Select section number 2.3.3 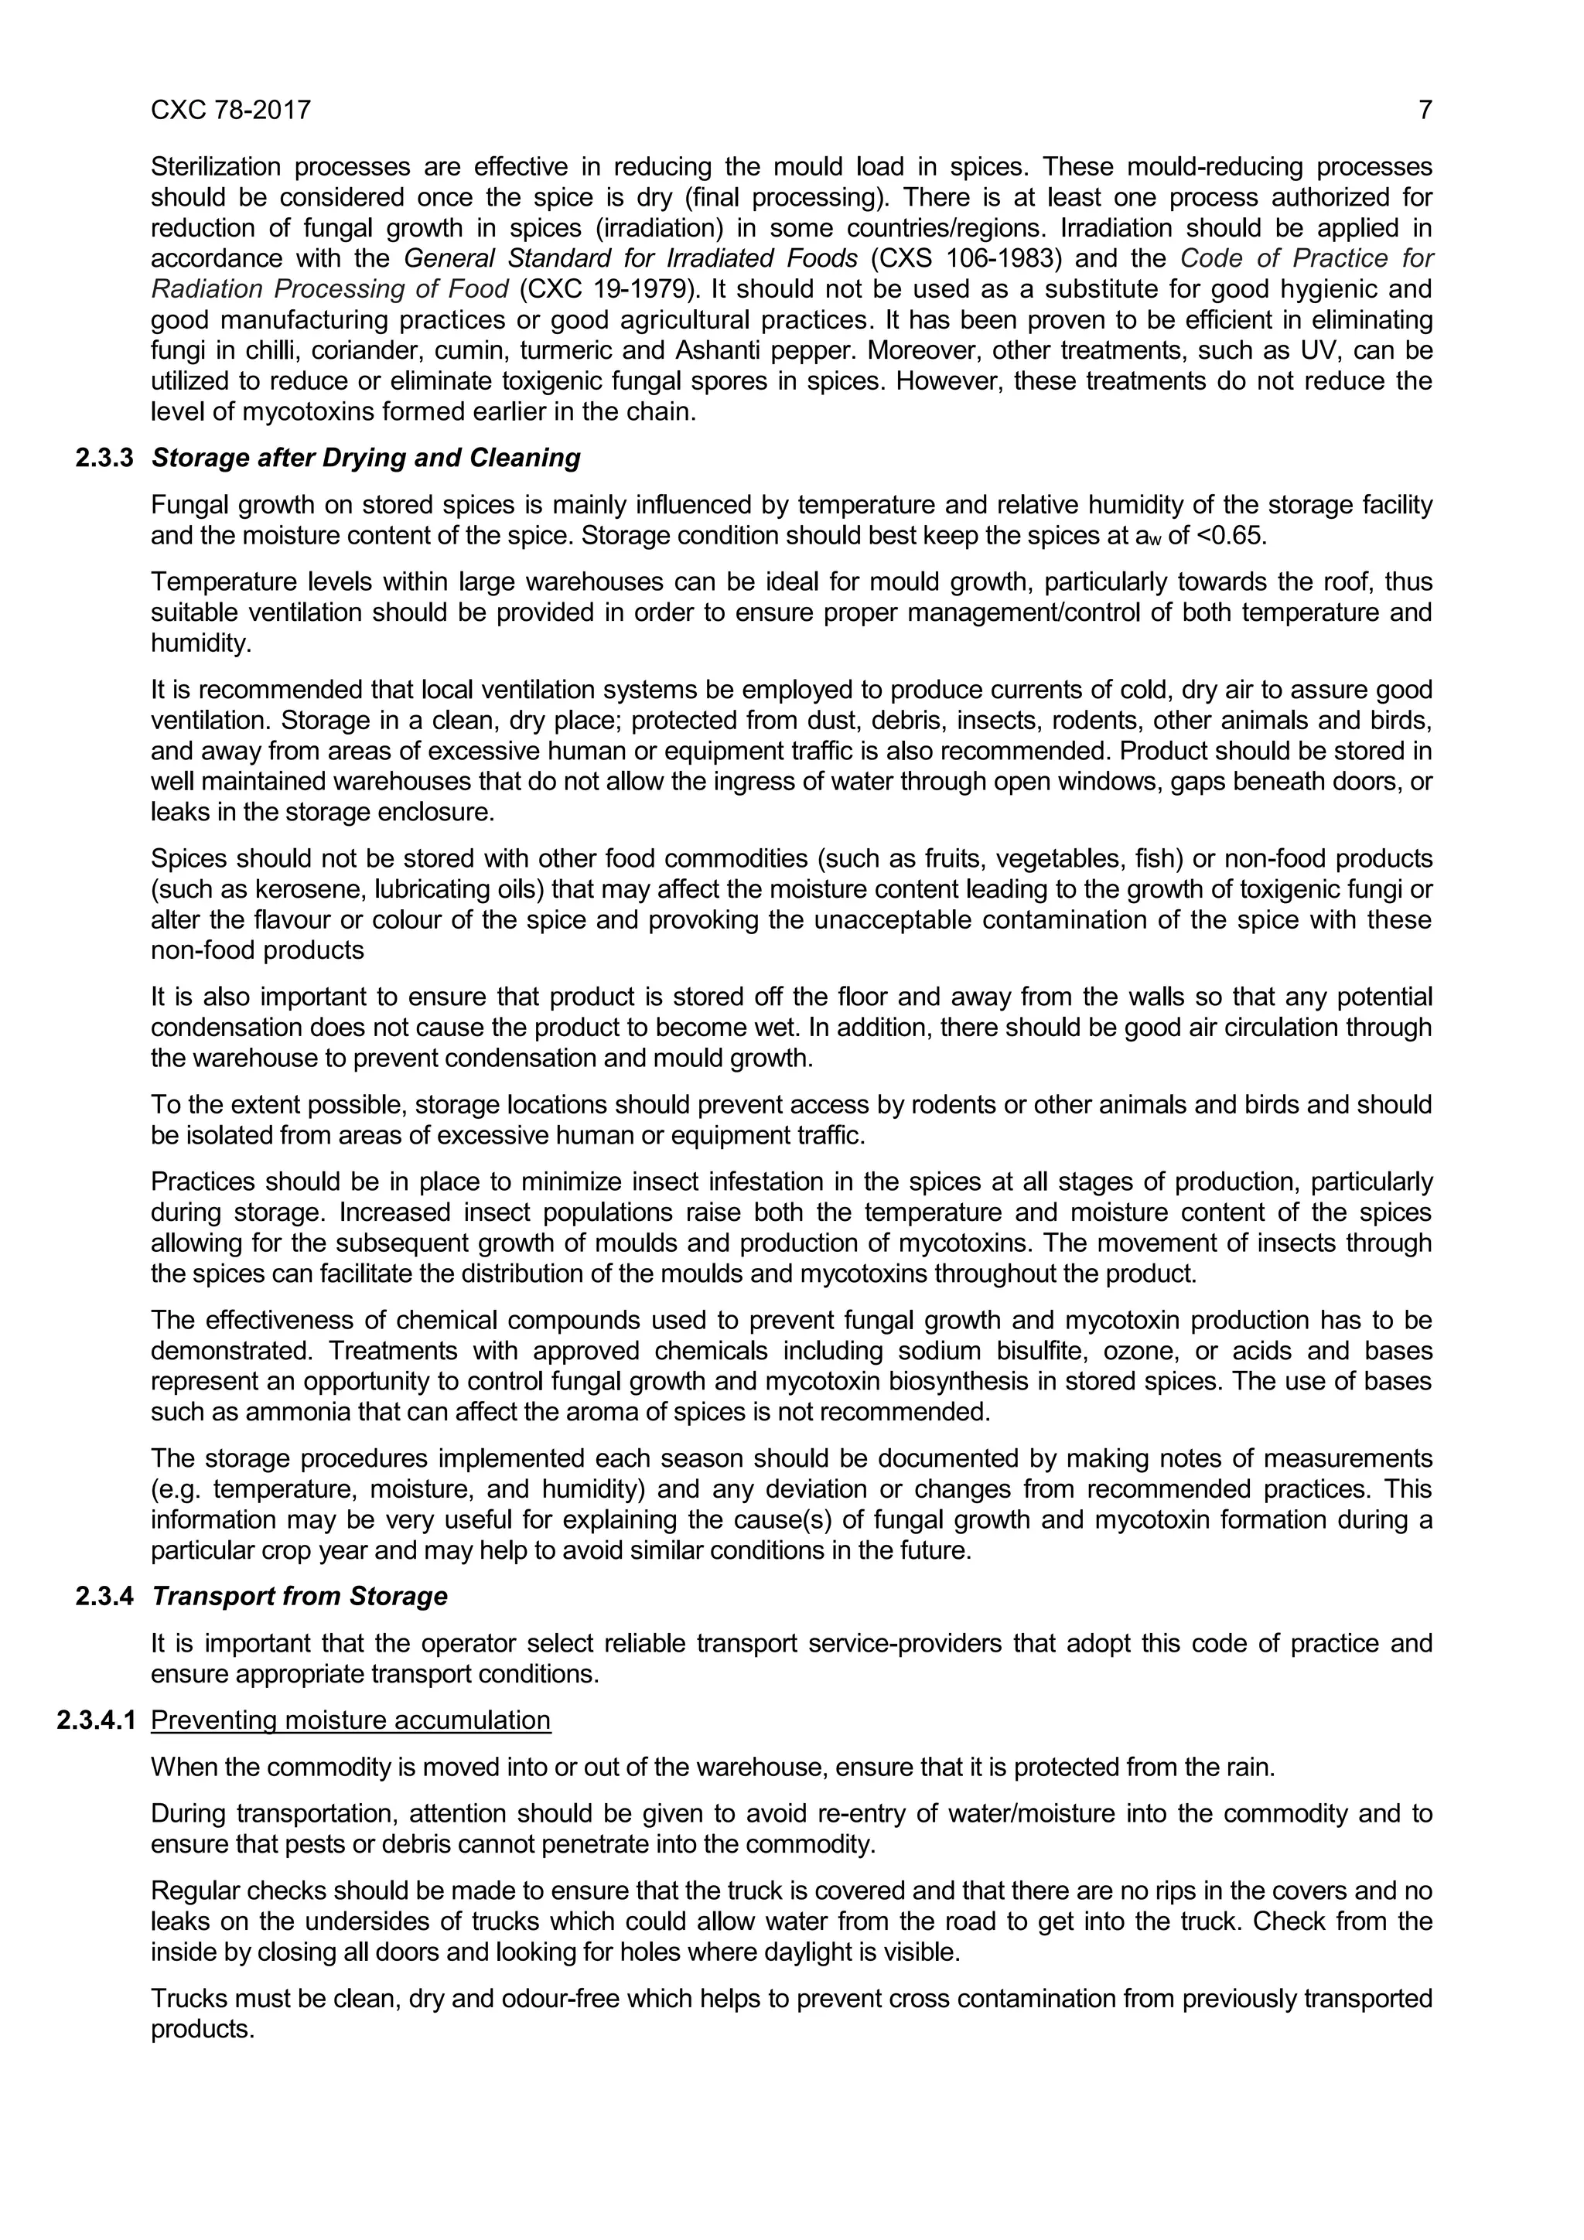(104, 458)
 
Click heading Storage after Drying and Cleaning (366, 458)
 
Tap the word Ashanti (713, 349)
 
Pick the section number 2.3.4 (104, 1596)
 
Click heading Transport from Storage (299, 1596)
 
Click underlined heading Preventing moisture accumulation (350, 1720)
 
